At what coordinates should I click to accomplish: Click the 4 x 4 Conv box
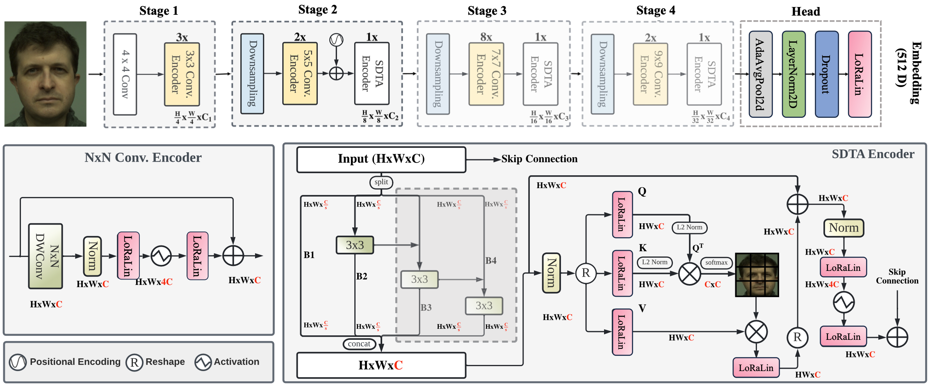[125, 74]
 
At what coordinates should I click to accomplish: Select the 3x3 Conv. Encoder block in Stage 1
[182, 74]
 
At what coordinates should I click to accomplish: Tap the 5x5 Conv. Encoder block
[300, 74]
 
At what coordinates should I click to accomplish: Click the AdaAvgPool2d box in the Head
[760, 74]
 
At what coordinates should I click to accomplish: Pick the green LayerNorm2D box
[793, 74]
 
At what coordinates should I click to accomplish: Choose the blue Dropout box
[826, 74]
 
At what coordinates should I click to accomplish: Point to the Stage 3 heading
[487, 11]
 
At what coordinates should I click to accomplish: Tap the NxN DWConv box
[46, 256]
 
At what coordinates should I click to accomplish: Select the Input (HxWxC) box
[381, 159]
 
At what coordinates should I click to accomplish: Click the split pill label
[381, 182]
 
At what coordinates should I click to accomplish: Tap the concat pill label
[359, 344]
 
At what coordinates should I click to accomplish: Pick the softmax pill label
[716, 263]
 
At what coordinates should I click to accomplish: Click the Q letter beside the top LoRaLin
[642, 191]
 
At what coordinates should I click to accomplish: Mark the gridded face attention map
[757, 275]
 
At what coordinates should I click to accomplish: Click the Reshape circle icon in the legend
[134, 362]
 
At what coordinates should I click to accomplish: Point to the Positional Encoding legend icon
[18, 362]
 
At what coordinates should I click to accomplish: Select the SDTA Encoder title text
[873, 154]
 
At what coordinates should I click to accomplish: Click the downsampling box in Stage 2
[252, 74]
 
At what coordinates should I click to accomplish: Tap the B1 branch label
[309, 255]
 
